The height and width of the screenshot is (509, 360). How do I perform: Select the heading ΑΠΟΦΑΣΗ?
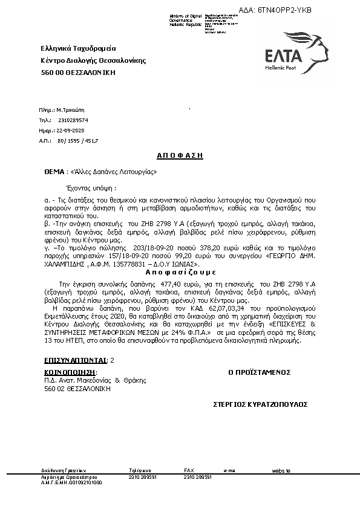click(179, 155)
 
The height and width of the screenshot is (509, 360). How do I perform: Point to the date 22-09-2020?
click(71, 130)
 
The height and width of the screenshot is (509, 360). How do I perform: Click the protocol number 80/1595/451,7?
click(77, 140)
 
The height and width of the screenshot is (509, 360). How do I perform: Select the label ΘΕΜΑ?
click(54, 172)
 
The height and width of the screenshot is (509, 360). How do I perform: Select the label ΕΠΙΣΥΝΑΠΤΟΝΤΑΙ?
click(75, 360)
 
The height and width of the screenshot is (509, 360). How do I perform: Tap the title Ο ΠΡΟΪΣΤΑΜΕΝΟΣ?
click(260, 372)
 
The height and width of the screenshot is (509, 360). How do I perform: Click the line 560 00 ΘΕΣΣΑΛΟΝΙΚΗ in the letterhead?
click(78, 73)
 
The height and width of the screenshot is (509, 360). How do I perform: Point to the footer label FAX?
click(189, 470)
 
